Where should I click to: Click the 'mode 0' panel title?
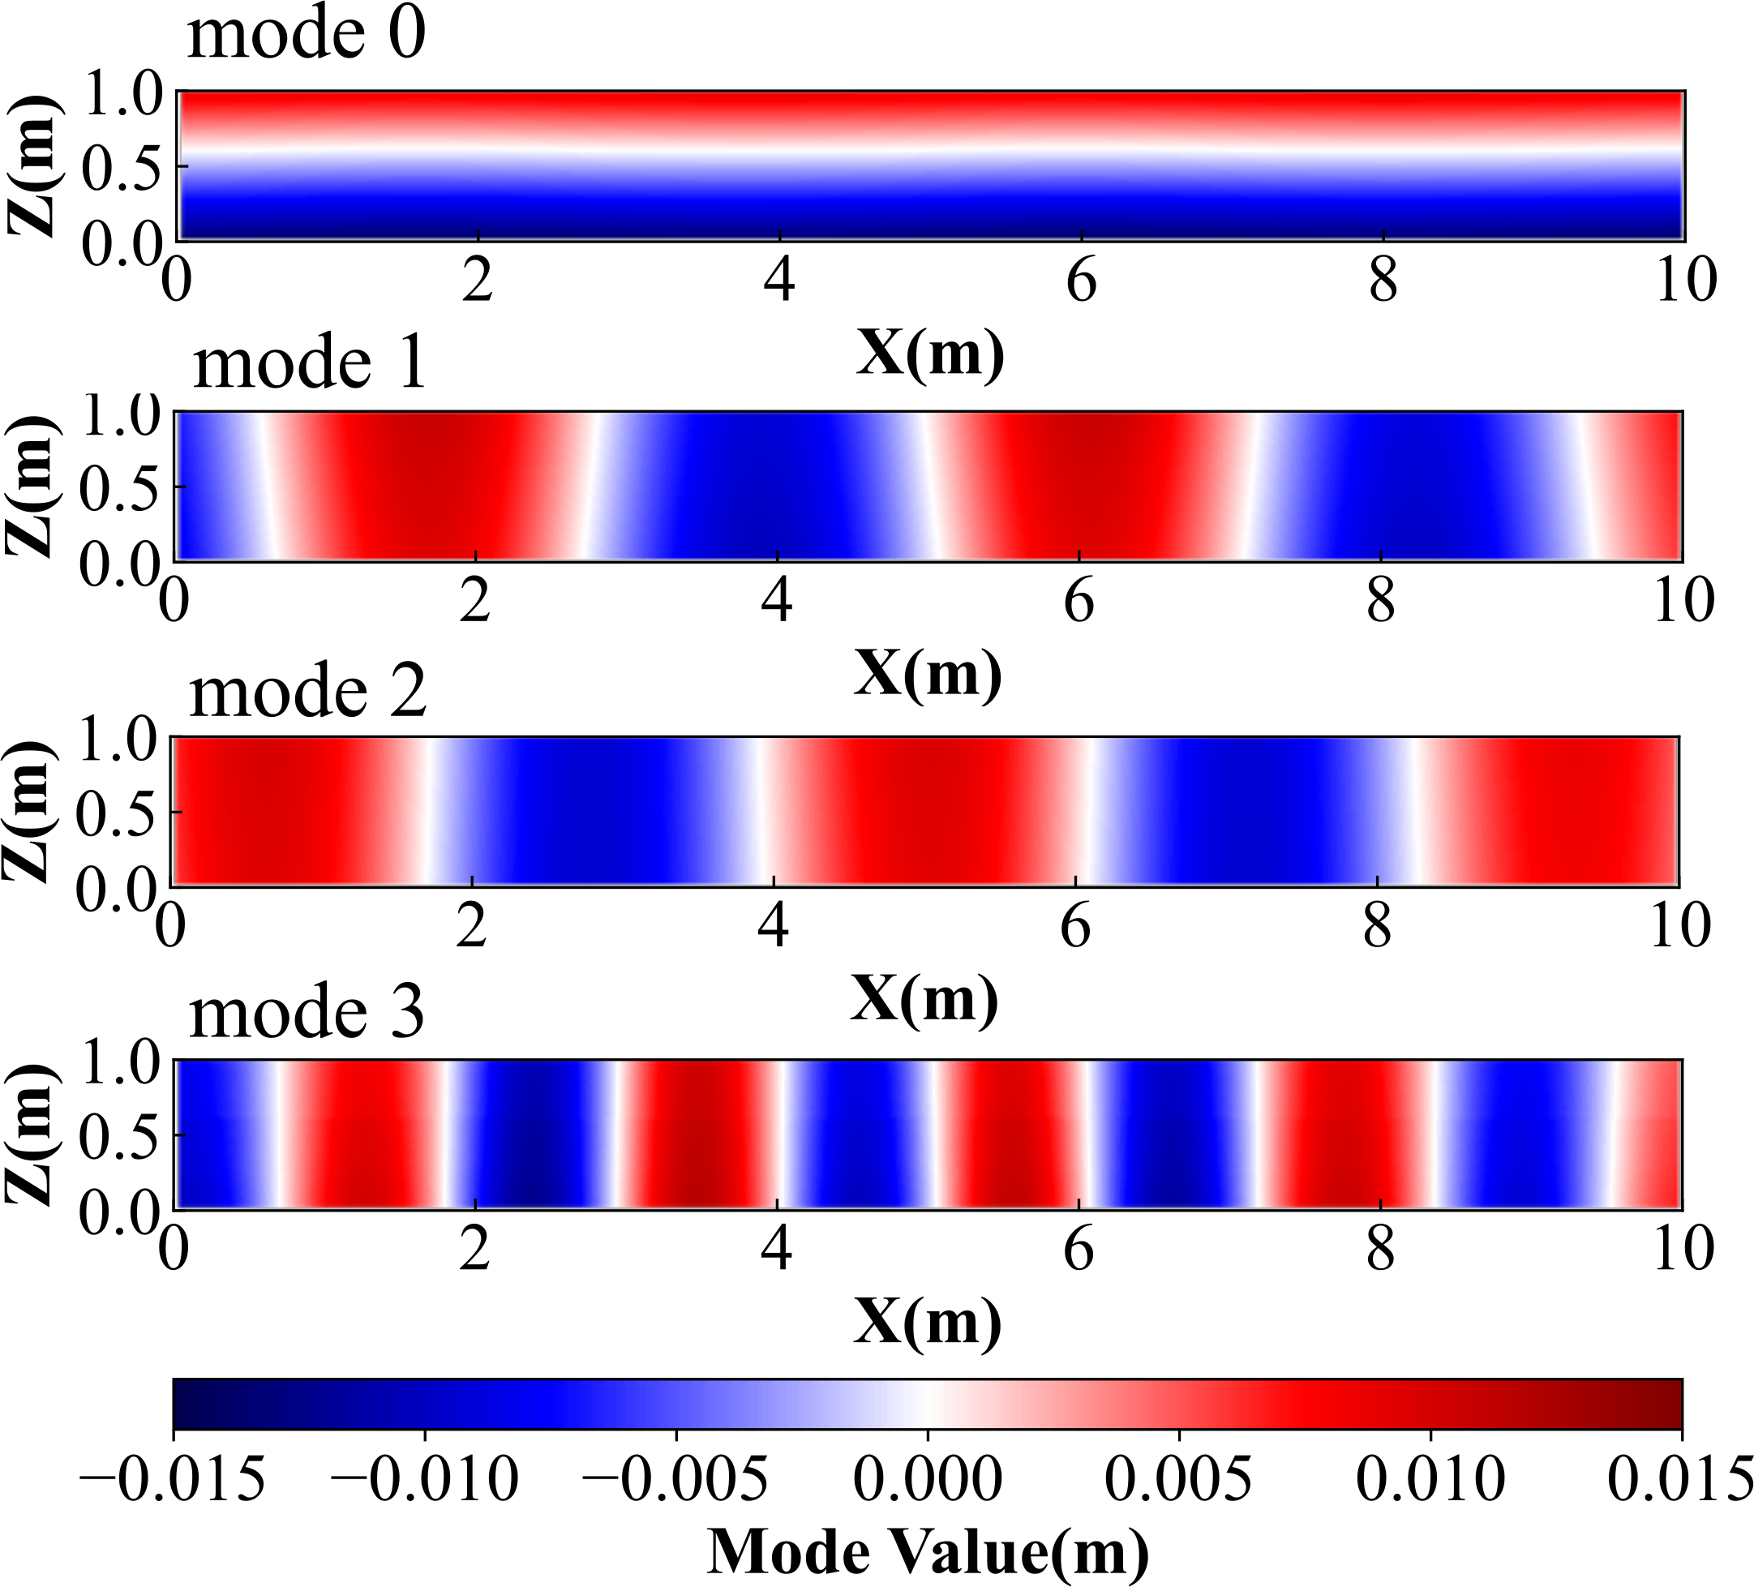pyautogui.click(x=307, y=35)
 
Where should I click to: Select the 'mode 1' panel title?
pyautogui.click(x=310, y=363)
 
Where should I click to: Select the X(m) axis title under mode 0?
pyautogui.click(x=930, y=354)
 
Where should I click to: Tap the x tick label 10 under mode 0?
pyautogui.click(x=1686, y=282)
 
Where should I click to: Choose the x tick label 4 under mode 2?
pyautogui.click(x=774, y=928)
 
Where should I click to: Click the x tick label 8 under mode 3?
pyautogui.click(x=1380, y=1250)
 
